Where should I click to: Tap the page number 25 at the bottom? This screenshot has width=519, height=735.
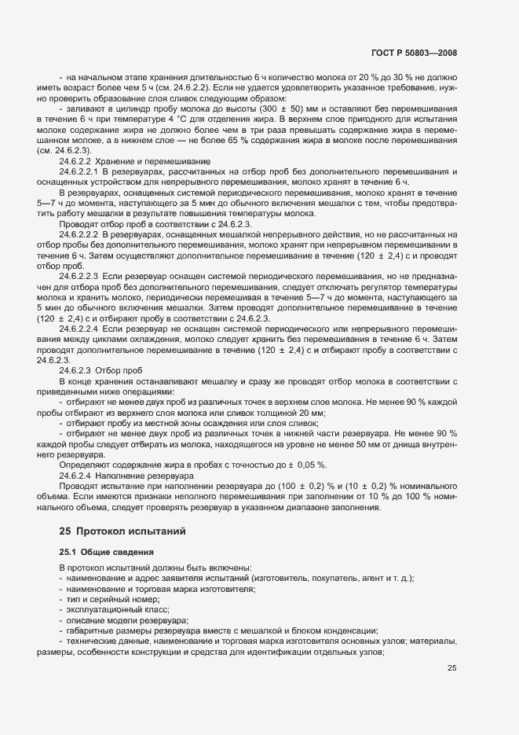click(x=451, y=668)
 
